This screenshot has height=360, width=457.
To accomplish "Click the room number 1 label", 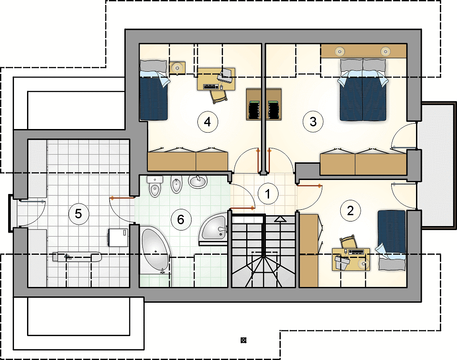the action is click(x=268, y=194).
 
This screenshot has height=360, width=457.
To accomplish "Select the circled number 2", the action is click(x=350, y=210).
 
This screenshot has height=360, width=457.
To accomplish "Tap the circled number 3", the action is click(x=313, y=121).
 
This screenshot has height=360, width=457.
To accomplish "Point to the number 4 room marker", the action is click(x=207, y=121).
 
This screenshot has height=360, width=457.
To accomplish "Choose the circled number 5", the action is click(x=78, y=213).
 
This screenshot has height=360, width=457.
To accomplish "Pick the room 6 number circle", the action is click(x=181, y=219).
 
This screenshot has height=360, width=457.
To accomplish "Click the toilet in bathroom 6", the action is click(x=155, y=186).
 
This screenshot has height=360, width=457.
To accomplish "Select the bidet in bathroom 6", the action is click(x=176, y=185).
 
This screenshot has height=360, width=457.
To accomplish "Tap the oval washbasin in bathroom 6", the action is click(x=198, y=181).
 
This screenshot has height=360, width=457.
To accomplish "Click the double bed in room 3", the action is click(x=363, y=90).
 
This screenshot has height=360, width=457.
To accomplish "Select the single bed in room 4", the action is click(x=154, y=90).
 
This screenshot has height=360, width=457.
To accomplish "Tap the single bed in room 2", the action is click(x=392, y=240).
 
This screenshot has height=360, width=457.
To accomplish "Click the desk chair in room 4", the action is click(x=219, y=96).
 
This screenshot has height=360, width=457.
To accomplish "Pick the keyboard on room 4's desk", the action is click(x=211, y=86).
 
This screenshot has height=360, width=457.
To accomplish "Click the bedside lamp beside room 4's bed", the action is click(x=177, y=68).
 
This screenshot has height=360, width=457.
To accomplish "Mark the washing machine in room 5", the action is click(x=118, y=237).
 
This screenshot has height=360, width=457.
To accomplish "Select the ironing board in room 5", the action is click(x=77, y=256).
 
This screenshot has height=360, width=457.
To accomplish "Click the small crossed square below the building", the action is click(x=243, y=340).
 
